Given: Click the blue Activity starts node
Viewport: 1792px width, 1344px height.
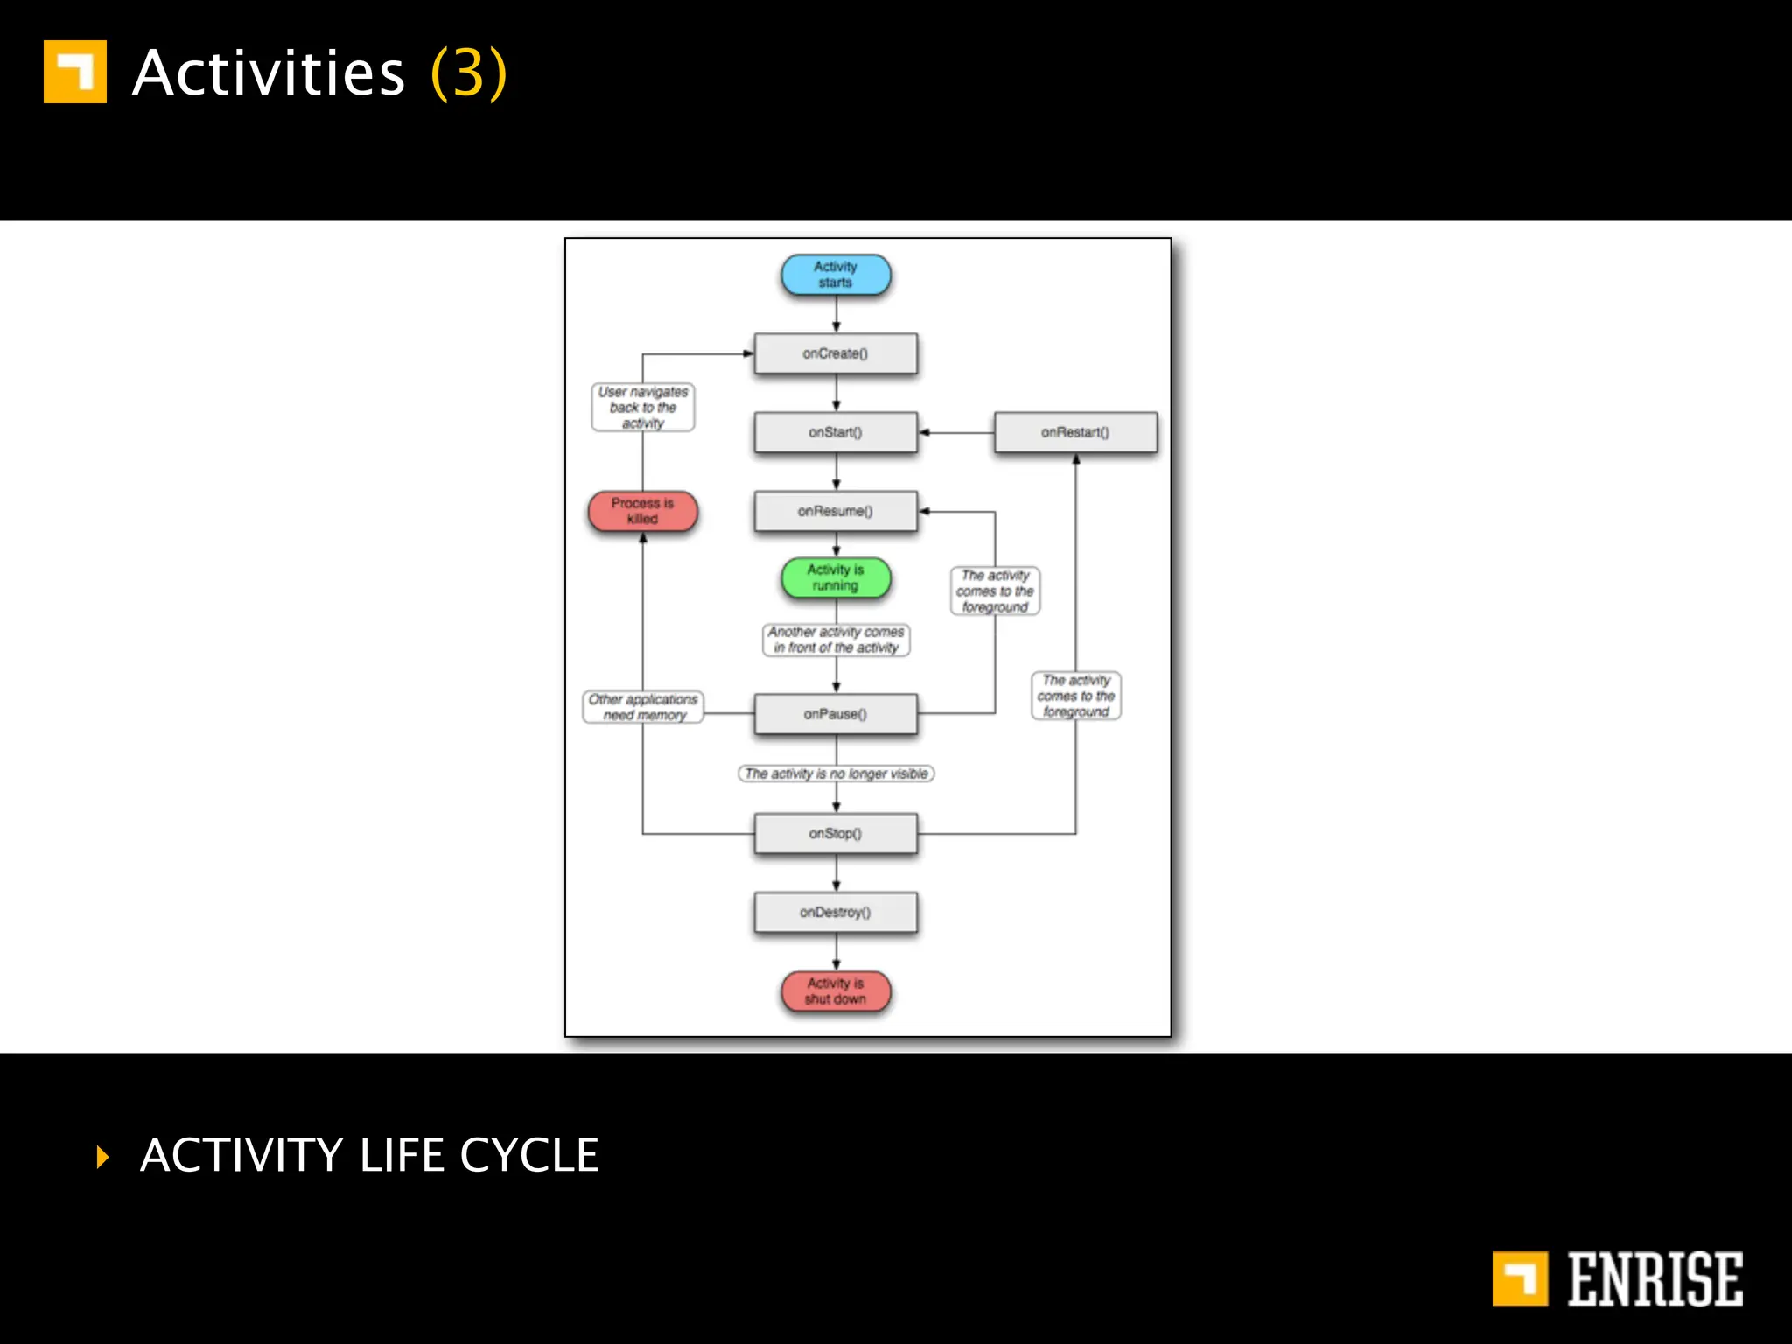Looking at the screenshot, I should pyautogui.click(x=836, y=275).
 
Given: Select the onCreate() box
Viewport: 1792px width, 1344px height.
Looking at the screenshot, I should pyautogui.click(x=836, y=353).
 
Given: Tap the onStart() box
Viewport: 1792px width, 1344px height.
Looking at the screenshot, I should pyautogui.click(x=836, y=432).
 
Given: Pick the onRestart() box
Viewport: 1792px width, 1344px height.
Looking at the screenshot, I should pyautogui.click(x=1075, y=432).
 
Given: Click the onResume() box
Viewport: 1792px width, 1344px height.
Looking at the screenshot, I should pyautogui.click(x=836, y=511).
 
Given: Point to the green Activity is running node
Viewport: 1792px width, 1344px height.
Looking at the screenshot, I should pyautogui.click(x=836, y=577).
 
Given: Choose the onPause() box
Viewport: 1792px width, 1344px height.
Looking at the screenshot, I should pyautogui.click(x=836, y=714).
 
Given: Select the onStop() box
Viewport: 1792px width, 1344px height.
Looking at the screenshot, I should pyautogui.click(x=836, y=833).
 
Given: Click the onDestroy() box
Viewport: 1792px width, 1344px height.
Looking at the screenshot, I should pyautogui.click(x=836, y=912).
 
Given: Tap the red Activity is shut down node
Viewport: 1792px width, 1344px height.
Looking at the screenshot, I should pyautogui.click(x=836, y=991).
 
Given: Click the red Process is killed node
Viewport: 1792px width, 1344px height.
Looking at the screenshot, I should pyautogui.click(x=643, y=511).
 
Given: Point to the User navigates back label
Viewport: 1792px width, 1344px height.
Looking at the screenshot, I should pyautogui.click(x=643, y=408).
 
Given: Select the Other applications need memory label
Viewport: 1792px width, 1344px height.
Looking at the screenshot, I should pyautogui.click(x=643, y=707).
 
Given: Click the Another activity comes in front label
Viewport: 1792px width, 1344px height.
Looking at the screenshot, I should pyautogui.click(x=836, y=640).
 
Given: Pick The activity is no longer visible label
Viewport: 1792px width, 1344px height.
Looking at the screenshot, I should pyautogui.click(x=836, y=773).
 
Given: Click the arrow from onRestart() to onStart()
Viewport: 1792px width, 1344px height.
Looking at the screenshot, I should pyautogui.click(x=955, y=432).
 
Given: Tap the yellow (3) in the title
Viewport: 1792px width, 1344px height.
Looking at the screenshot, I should pyautogui.click(x=469, y=73).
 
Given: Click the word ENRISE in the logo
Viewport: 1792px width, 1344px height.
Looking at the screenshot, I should pyautogui.click(x=1655, y=1279).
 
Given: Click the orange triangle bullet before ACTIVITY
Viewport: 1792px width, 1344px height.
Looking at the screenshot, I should pyautogui.click(x=103, y=1157).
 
